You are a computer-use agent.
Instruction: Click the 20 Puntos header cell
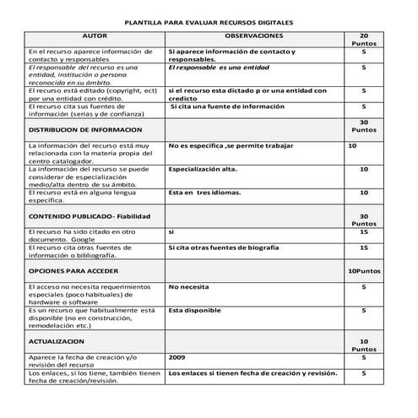point(364,41)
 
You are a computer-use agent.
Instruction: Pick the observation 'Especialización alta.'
point(203,169)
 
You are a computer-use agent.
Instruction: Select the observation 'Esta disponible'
point(194,310)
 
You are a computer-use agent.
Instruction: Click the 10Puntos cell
point(364,273)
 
